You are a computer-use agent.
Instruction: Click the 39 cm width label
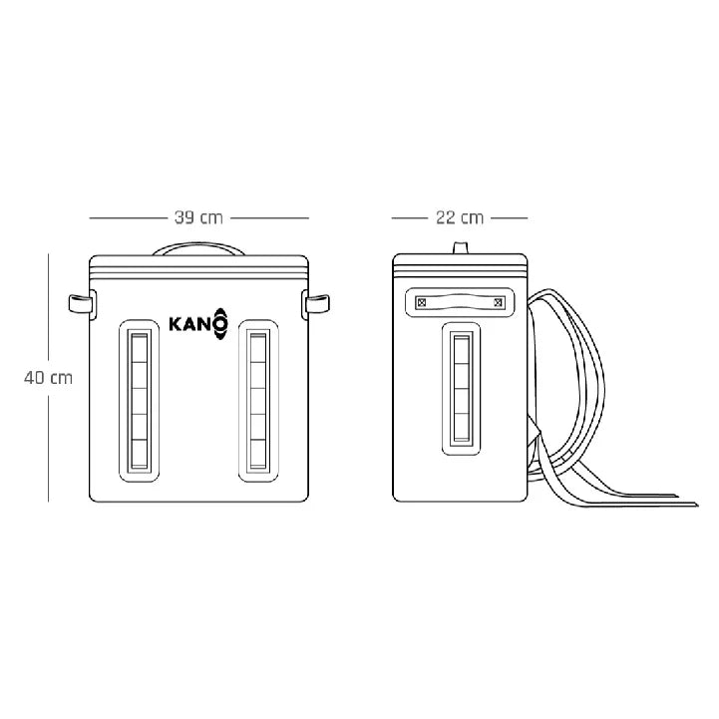pyautogui.click(x=198, y=217)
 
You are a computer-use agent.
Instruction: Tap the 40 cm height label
pyautogui.click(x=49, y=378)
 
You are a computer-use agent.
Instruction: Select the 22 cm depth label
pyautogui.click(x=459, y=217)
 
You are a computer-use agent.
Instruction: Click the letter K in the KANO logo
pyautogui.click(x=176, y=324)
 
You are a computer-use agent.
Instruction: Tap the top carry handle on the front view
pyautogui.click(x=198, y=246)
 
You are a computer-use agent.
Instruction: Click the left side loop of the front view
pyautogui.click(x=79, y=302)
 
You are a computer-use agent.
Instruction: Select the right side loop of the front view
pyautogui.click(x=318, y=302)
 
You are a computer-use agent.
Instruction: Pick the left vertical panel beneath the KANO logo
pyautogui.click(x=140, y=399)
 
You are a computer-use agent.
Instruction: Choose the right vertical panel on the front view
pyautogui.click(x=257, y=399)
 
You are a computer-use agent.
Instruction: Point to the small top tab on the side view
pyautogui.click(x=460, y=247)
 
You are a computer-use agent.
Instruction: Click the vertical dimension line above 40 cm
pyautogui.click(x=49, y=309)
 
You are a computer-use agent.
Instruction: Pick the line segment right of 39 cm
pyautogui.click(x=270, y=217)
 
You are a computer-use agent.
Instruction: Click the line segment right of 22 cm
pyautogui.click(x=509, y=217)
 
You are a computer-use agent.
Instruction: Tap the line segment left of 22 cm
pyautogui.click(x=409, y=217)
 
